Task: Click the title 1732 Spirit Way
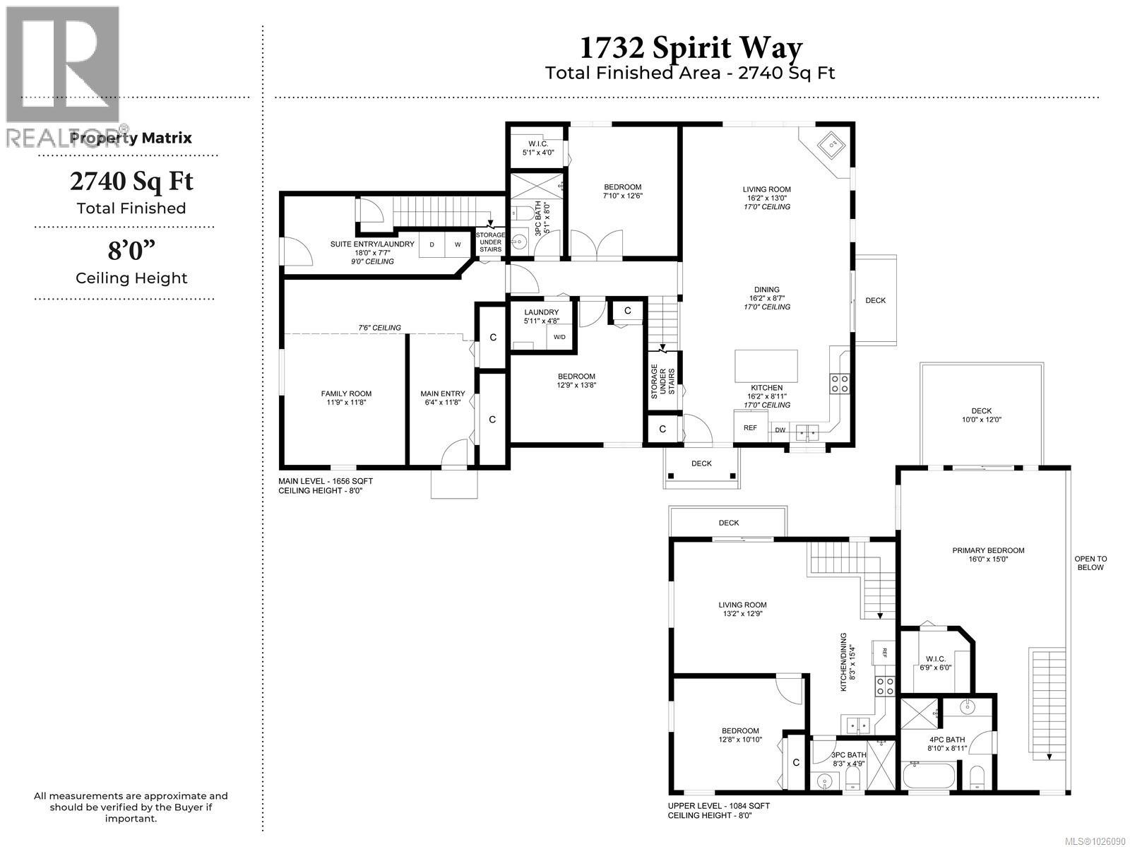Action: [x=691, y=48]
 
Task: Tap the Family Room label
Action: [x=346, y=398]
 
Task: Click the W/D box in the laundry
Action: [x=559, y=337]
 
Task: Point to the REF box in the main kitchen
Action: [x=750, y=428]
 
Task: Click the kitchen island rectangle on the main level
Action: [x=766, y=365]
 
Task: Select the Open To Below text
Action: [x=1090, y=563]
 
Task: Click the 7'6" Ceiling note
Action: [x=379, y=328]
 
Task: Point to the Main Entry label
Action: [x=443, y=398]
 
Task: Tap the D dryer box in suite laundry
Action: [x=432, y=244]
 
